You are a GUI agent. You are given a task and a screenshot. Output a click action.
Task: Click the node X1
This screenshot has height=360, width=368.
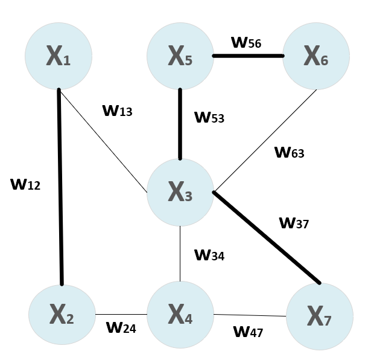[58, 56]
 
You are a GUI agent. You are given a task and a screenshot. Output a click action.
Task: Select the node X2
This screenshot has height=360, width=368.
[62, 315]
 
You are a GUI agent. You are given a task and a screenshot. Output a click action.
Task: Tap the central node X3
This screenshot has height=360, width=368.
[180, 191]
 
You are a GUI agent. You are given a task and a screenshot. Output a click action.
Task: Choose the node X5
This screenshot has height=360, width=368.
[180, 56]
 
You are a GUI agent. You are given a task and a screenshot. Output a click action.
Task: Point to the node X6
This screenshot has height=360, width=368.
[316, 56]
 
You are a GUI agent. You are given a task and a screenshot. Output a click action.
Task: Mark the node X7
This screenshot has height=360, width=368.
[319, 316]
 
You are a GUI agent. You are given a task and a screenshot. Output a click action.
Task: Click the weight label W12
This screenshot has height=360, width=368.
[25, 184]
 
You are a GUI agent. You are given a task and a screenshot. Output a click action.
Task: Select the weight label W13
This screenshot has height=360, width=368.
[117, 111]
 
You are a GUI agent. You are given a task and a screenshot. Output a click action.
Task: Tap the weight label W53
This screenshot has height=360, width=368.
[209, 117]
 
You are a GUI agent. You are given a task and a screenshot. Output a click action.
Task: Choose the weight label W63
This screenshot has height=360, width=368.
[290, 152]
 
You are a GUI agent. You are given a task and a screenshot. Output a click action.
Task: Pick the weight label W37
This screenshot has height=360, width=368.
[294, 223]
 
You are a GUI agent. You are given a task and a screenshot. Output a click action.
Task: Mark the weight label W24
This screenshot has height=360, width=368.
[121, 328]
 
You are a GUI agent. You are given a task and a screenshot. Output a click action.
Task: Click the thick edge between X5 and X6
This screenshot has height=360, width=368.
[248, 56]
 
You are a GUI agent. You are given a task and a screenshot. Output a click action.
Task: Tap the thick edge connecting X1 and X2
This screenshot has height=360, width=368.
[60, 187]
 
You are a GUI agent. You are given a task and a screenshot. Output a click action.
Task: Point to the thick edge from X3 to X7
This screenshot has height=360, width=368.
[266, 237]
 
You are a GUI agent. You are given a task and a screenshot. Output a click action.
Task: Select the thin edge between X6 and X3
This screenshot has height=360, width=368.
[265, 141]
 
